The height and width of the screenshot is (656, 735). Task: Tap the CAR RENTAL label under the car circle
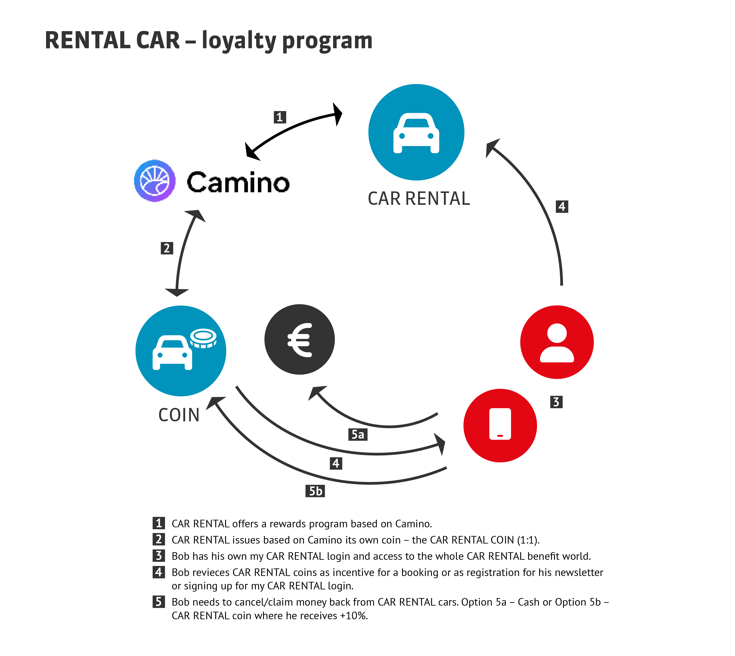pos(419,199)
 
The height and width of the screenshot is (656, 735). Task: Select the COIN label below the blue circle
pos(179,415)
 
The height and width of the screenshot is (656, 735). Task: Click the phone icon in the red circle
pos(500,424)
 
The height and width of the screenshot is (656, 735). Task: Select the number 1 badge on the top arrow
pos(280,117)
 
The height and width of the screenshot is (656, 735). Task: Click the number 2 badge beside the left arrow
pos(167,248)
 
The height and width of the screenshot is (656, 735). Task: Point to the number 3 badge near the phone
pos(556,402)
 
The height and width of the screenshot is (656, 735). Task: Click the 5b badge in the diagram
pos(315,491)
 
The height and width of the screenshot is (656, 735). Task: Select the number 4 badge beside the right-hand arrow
pos(562,207)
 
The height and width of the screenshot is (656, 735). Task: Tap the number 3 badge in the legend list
pos(158,556)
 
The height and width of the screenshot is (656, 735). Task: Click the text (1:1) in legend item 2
pos(528,540)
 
